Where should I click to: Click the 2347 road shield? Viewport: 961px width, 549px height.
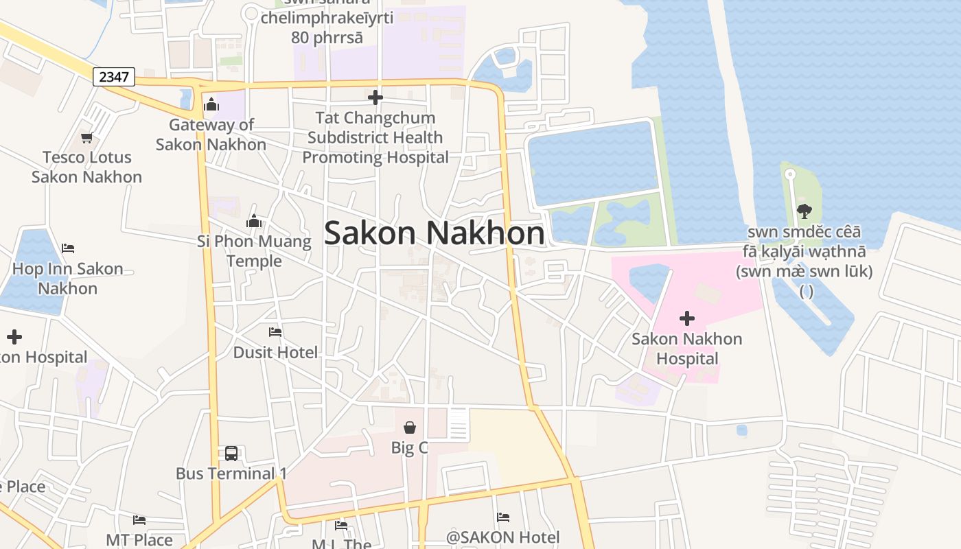tap(114, 77)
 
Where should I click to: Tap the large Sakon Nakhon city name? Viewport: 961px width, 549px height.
tap(435, 233)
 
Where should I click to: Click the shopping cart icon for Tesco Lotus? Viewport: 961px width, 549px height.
tap(86, 137)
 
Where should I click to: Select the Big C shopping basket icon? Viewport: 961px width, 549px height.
tap(410, 428)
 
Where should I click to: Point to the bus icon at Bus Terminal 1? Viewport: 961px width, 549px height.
tap(231, 453)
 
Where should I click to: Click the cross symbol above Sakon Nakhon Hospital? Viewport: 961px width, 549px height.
tap(686, 318)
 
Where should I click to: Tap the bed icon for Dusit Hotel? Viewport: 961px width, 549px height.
tap(275, 332)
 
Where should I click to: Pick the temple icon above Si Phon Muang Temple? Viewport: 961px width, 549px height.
tap(254, 221)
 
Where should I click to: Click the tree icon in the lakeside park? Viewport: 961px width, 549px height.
tap(804, 211)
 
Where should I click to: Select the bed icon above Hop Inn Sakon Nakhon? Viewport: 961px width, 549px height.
tap(67, 248)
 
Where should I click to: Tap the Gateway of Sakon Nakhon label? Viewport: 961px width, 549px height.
tap(211, 135)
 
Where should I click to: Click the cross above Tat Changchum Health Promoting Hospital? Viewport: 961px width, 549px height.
tap(375, 97)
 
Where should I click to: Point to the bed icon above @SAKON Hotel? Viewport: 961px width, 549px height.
tap(503, 517)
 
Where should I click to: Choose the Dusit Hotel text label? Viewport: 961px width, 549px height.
tap(276, 353)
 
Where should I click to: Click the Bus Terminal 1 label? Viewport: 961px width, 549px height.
tap(231, 474)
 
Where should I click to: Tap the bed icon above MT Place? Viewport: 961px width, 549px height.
tap(139, 519)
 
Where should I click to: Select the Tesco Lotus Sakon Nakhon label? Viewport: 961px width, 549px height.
tap(87, 167)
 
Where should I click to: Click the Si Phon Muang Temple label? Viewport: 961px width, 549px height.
tap(254, 251)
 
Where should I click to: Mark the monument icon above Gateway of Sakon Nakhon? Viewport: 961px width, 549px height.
tap(211, 104)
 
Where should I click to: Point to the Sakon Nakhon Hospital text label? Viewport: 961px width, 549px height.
tap(686, 349)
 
